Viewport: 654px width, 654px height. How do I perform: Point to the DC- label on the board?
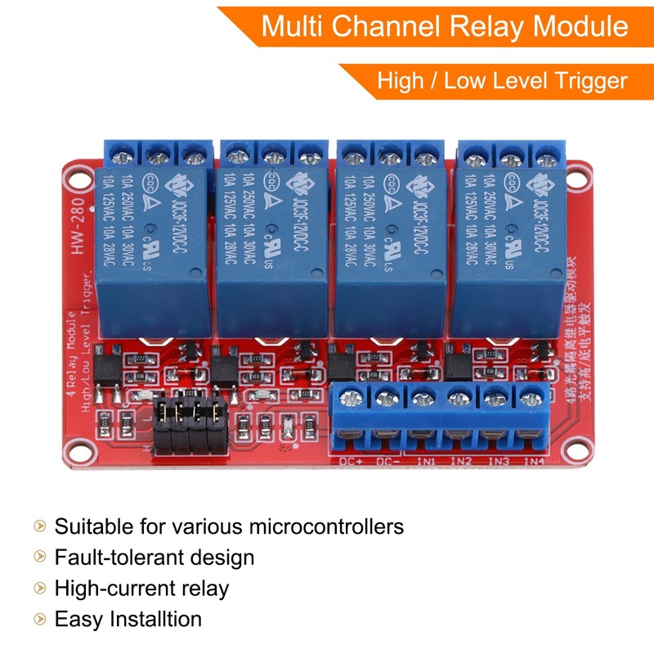(x=389, y=462)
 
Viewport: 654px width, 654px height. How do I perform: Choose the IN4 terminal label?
(x=533, y=462)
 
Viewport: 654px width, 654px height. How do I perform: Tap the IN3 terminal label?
(x=497, y=462)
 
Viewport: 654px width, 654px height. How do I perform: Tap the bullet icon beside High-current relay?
(x=39, y=588)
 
